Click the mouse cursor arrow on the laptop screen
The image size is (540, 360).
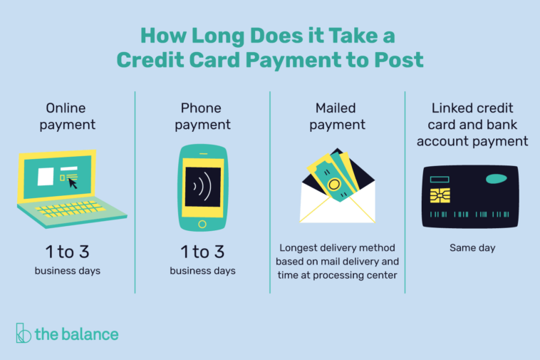tap(73, 183)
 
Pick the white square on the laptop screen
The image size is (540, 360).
tap(46, 176)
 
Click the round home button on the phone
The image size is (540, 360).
tap(202, 225)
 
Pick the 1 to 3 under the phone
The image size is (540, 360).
tap(202, 252)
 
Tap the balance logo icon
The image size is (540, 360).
tap(24, 333)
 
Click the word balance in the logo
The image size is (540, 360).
tap(89, 334)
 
